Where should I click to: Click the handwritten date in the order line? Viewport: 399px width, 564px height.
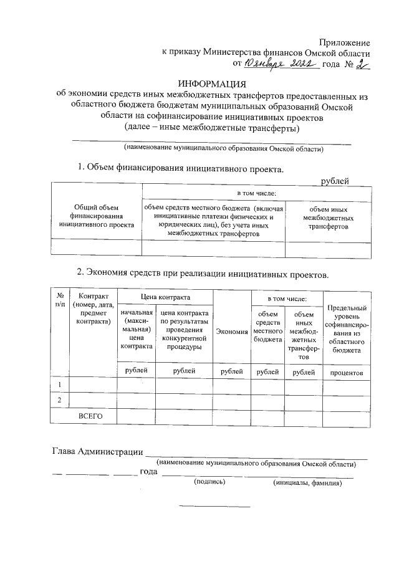pos(281,64)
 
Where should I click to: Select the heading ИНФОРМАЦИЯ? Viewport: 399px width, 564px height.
pos(212,84)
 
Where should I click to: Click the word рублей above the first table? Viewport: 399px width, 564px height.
pos(334,181)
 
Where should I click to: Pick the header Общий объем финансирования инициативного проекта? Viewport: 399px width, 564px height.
pos(96,216)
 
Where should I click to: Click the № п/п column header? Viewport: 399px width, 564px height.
pos(60,299)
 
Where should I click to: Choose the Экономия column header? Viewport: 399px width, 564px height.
pos(232,331)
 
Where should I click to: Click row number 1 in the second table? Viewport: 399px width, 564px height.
pos(60,386)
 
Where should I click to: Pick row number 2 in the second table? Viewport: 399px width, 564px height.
pos(60,400)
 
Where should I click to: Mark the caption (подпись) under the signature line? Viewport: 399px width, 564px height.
pos(209,483)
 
